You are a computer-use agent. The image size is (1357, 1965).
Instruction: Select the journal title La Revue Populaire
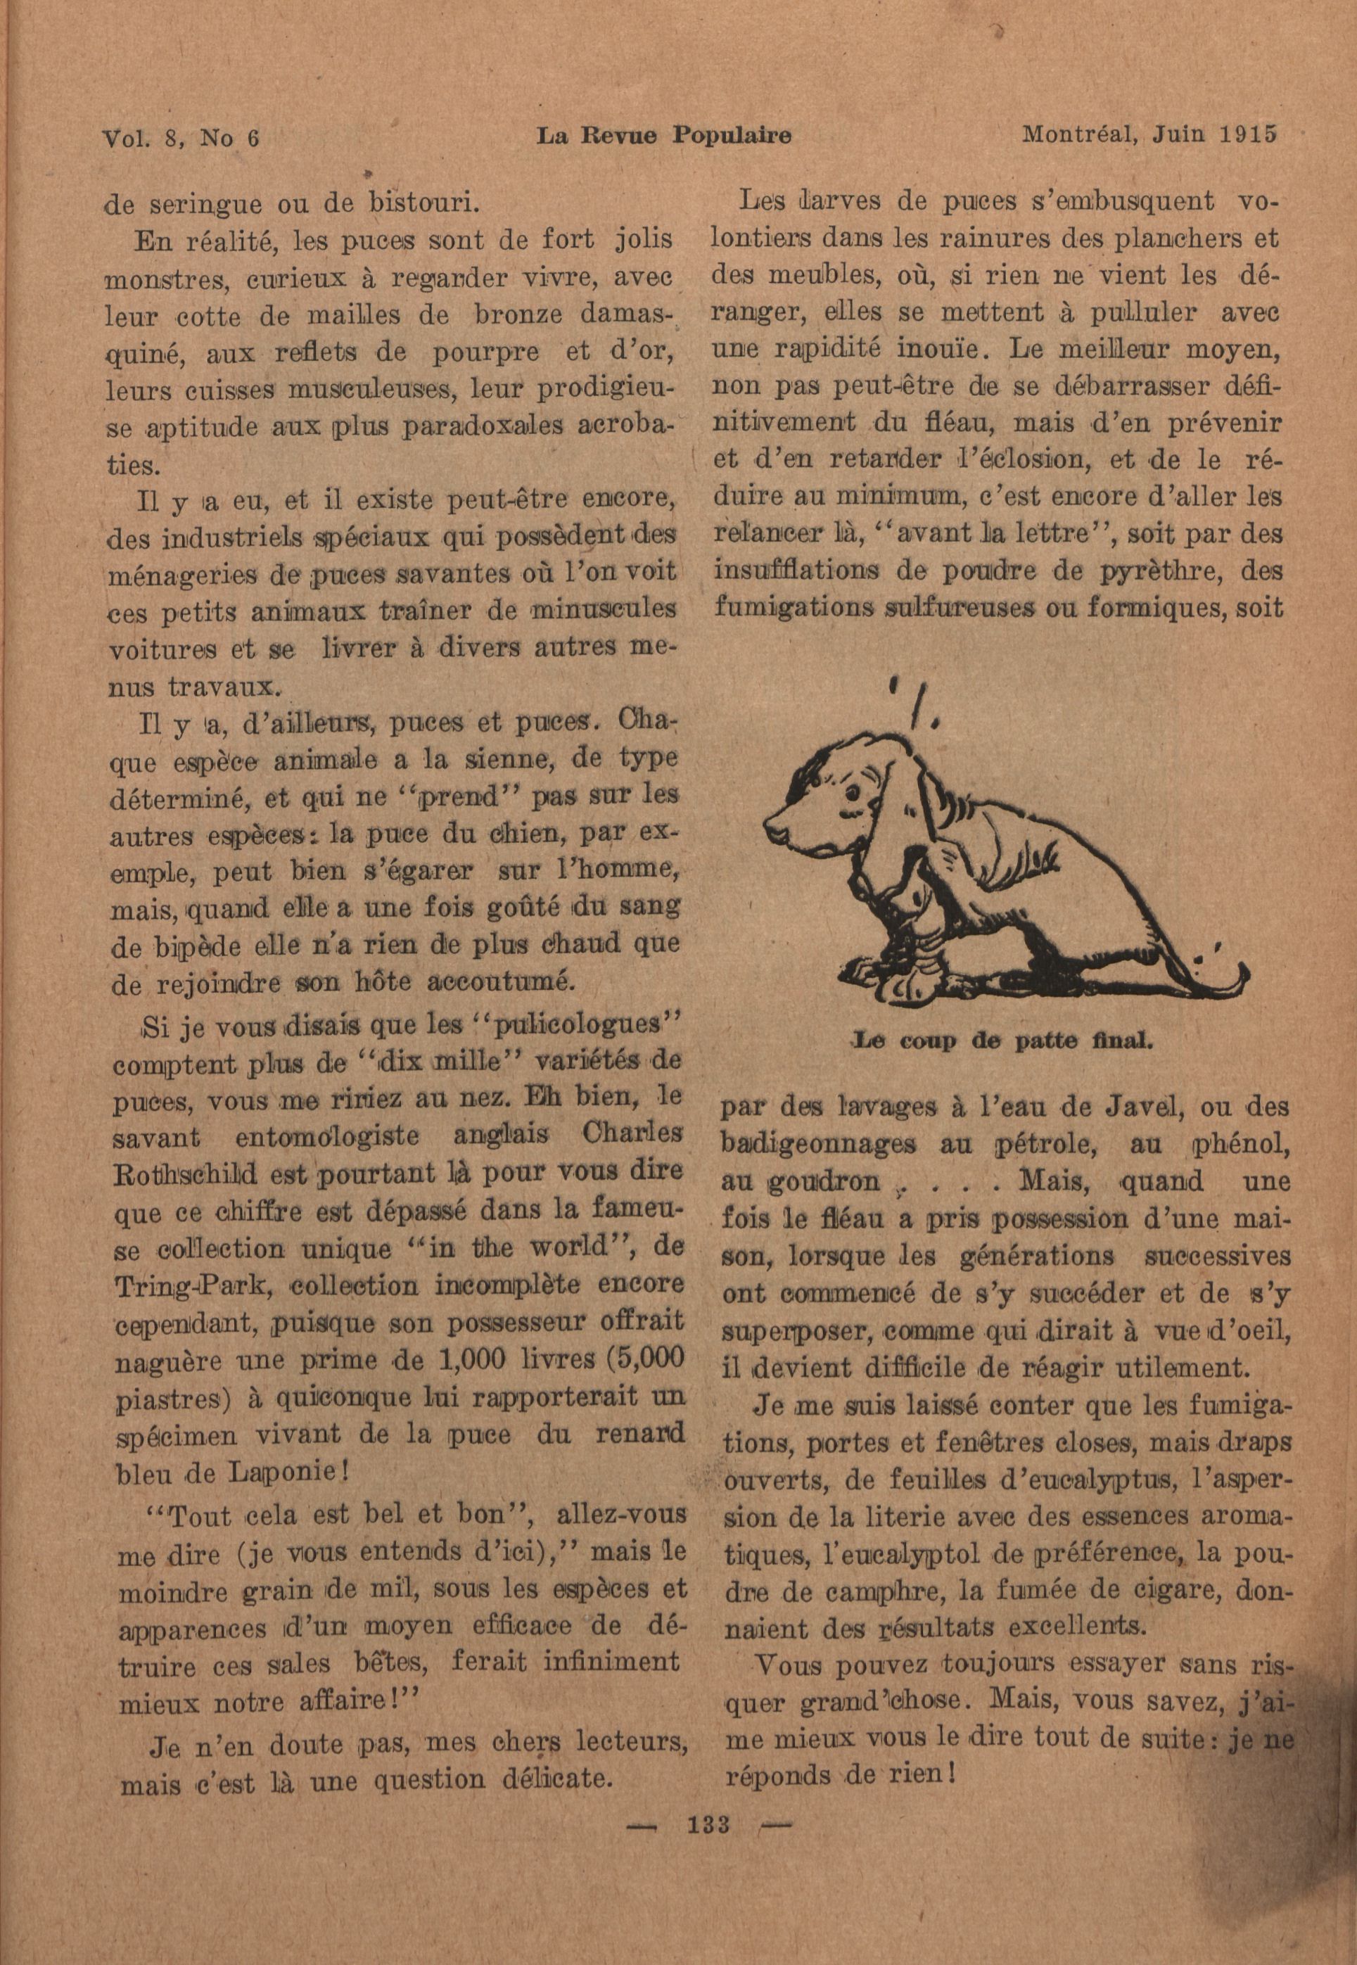(x=665, y=135)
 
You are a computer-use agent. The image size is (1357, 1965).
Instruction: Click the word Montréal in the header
(x=1073, y=135)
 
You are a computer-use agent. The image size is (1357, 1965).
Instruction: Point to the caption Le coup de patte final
(x=1002, y=1039)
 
